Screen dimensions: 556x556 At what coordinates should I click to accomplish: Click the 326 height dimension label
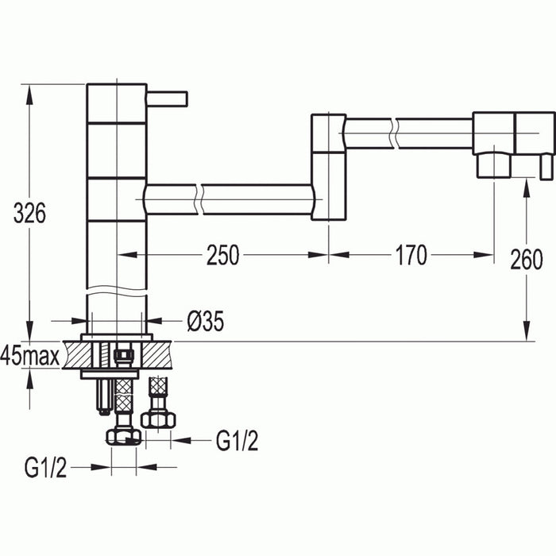point(30,213)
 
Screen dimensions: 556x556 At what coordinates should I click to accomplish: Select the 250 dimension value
point(223,255)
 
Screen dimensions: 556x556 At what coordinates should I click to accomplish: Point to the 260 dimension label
point(527,259)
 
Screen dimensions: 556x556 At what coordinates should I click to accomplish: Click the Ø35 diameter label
point(205,321)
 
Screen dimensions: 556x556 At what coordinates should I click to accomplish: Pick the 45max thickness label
point(30,357)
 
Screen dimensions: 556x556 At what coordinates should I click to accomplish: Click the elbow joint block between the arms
point(328,167)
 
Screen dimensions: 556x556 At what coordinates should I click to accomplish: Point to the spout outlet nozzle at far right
point(493,164)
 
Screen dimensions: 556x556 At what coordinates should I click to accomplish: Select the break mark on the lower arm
point(199,199)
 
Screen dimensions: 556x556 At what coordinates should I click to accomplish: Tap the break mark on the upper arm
point(393,132)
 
